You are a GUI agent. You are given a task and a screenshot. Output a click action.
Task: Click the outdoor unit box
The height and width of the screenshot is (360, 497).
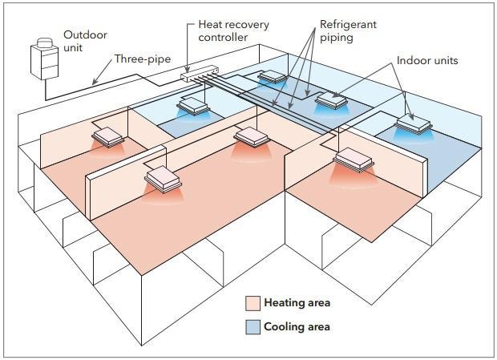point(44,62)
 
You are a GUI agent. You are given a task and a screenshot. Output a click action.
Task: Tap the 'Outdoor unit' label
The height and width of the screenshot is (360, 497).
point(85,41)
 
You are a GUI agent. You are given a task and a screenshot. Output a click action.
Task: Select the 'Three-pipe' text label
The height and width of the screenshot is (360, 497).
point(143,59)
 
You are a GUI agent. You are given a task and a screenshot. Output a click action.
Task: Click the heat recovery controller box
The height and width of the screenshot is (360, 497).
point(200,74)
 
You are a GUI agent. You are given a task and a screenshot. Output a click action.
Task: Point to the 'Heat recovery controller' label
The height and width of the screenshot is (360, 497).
point(233,30)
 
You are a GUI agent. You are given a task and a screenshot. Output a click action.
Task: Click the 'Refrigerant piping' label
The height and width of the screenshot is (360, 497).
point(348,30)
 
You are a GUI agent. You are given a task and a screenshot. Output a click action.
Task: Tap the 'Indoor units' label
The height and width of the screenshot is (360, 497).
point(427,60)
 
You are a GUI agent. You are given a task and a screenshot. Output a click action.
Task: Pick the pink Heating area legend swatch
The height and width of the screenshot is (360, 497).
point(253,303)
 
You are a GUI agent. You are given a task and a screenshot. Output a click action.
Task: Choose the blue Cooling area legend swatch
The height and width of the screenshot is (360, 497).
point(253,327)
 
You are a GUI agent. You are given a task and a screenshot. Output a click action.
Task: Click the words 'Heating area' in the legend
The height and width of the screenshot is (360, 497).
point(297,303)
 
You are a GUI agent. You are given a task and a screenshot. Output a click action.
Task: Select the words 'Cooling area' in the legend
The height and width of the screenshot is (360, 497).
point(297,326)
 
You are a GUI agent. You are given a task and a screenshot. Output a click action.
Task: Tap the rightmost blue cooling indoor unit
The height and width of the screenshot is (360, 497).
point(414,123)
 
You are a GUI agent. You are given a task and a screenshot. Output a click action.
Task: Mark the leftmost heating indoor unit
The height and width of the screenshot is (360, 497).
point(107,137)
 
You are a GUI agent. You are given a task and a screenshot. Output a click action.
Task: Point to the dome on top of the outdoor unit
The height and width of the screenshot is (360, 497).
point(45,42)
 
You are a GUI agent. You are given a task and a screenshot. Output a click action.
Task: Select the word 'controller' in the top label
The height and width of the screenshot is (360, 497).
point(223,38)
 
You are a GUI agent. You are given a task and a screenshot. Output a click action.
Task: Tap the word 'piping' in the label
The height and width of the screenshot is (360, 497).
point(337,38)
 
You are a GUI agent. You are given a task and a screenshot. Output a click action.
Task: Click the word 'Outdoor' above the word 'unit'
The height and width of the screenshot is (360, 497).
point(85,34)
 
